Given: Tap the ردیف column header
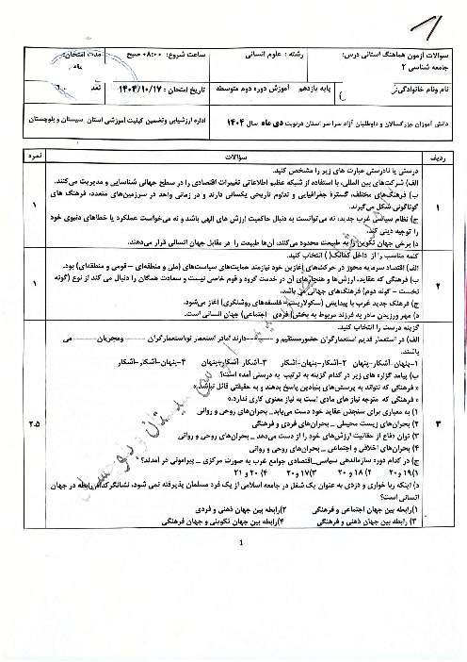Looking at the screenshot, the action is (x=451, y=155).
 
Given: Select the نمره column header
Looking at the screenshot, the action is (x=34, y=155).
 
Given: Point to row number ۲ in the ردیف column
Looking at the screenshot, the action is (x=451, y=283).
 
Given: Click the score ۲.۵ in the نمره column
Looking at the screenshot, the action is (x=34, y=397).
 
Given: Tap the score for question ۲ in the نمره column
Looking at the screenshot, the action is (x=34, y=283).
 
